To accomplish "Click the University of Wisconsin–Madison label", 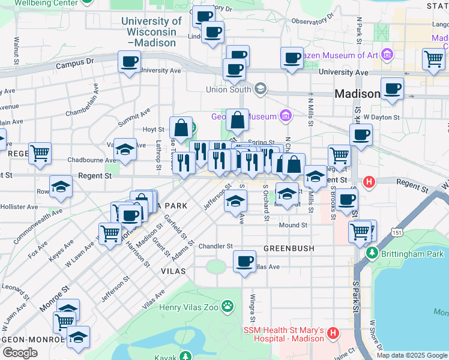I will point(151,32).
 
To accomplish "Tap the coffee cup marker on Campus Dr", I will point(129,62).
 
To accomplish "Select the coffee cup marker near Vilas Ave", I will point(244,262).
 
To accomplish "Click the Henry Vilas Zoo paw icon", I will point(227,307).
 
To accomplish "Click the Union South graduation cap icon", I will point(260,90).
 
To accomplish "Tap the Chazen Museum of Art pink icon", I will point(387,56).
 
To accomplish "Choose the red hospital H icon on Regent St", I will point(369,181).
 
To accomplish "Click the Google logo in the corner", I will point(20,353).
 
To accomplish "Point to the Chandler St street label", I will point(215,246).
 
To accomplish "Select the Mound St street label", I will point(294,226).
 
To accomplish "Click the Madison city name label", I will point(357,94).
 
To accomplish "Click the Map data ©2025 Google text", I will point(411,355).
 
